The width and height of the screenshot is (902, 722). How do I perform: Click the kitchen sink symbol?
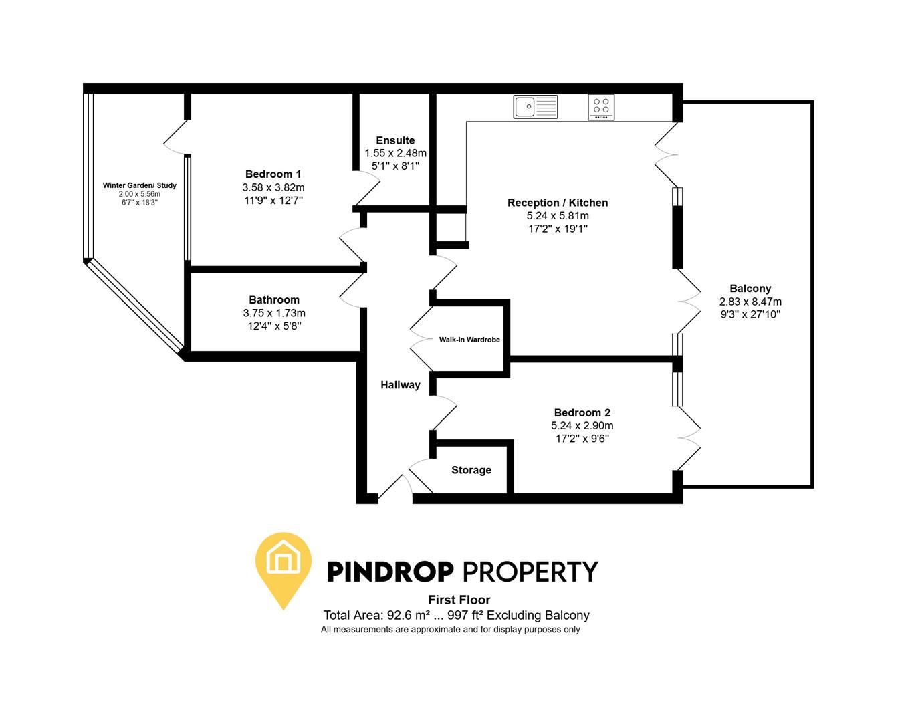pyautogui.click(x=535, y=106)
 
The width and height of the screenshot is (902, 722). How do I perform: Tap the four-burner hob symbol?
pyautogui.click(x=601, y=107)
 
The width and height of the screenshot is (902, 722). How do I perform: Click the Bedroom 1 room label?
pyautogui.click(x=273, y=174)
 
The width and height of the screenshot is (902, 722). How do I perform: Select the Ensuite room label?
pyautogui.click(x=395, y=140)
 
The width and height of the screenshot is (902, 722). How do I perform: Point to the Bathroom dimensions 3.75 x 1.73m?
pyautogui.click(x=274, y=313)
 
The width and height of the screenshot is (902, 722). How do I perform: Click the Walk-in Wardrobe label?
pyautogui.click(x=469, y=340)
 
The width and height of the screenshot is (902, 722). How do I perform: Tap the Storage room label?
pyautogui.click(x=471, y=470)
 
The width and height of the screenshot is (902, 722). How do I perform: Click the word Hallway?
pyautogui.click(x=401, y=384)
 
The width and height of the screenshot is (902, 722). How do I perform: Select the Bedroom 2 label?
pyautogui.click(x=582, y=412)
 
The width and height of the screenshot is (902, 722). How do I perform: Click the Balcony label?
pyautogui.click(x=750, y=289)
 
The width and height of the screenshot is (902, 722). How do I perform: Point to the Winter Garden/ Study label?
pyautogui.click(x=140, y=185)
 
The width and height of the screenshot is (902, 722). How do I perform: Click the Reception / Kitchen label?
pyautogui.click(x=558, y=203)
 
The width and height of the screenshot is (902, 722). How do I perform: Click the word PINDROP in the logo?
pyautogui.click(x=390, y=572)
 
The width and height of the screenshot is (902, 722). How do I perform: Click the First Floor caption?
pyautogui.click(x=459, y=600)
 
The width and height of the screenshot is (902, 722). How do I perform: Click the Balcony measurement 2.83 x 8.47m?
pyautogui.click(x=750, y=302)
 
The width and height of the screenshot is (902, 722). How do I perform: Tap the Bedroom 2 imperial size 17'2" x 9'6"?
pyautogui.click(x=582, y=439)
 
